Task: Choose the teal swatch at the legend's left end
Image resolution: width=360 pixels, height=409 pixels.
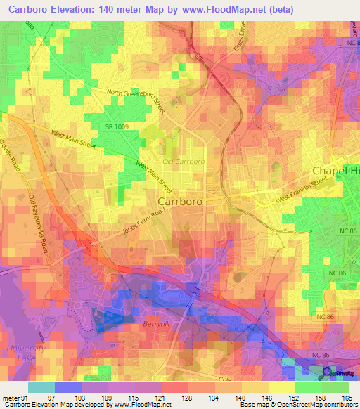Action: pyautogui.click(x=41, y=387)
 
